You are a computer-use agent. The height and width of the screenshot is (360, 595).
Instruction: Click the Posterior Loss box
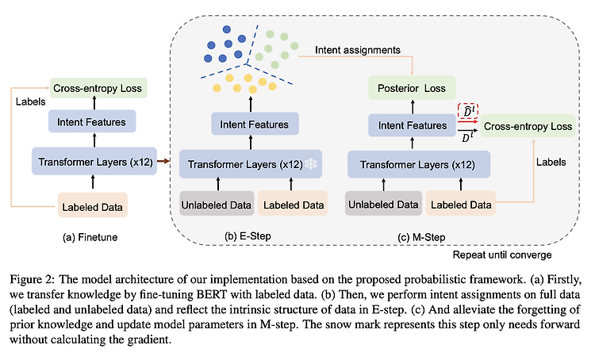pyautogui.click(x=412, y=88)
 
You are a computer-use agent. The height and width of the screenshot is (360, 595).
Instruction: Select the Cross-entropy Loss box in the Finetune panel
pyautogui.click(x=98, y=88)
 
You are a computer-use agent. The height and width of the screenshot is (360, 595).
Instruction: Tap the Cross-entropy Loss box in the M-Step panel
pyautogui.click(x=528, y=126)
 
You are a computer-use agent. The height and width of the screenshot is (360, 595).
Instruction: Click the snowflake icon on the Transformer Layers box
pyautogui.click(x=311, y=164)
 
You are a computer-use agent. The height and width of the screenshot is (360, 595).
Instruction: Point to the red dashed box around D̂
pyautogui.click(x=467, y=111)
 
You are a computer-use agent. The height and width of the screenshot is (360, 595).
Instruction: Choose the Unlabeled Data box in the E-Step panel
pyautogui.click(x=217, y=204)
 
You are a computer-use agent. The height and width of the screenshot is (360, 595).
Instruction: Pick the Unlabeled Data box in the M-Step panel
pyautogui.click(x=383, y=204)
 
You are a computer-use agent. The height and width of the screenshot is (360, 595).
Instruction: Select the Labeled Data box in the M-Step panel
pyautogui.click(x=461, y=204)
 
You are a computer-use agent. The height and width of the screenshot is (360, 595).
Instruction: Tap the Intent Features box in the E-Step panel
pyautogui.click(x=255, y=124)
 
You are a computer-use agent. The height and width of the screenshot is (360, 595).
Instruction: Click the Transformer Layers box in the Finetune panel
pyautogui.click(x=94, y=161)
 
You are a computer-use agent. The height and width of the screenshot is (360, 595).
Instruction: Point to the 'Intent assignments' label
pyautogui.click(x=358, y=50)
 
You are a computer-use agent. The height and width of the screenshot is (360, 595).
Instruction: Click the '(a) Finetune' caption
pyautogui.click(x=90, y=237)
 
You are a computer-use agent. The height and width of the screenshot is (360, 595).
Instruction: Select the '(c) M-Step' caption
pyautogui.click(x=421, y=237)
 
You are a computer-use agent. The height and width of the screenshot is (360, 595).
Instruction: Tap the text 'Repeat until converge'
pyautogui.click(x=502, y=255)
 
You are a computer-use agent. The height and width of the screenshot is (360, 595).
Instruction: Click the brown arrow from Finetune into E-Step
pyautogui.click(x=163, y=161)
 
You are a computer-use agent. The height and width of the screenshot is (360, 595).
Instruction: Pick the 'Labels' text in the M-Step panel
pyautogui.click(x=551, y=162)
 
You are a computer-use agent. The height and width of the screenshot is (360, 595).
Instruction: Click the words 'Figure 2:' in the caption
pyautogui.click(x=33, y=281)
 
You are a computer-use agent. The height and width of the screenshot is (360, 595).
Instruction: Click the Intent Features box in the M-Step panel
pyautogui.click(x=412, y=125)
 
